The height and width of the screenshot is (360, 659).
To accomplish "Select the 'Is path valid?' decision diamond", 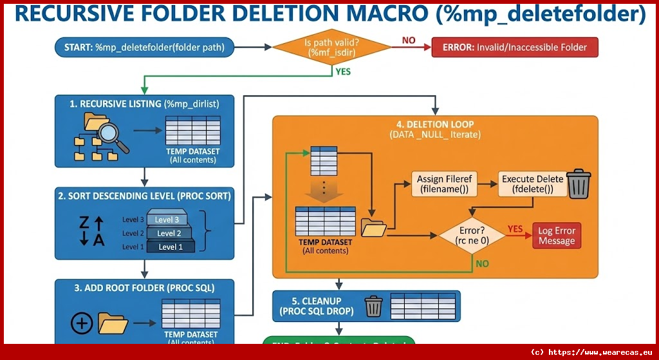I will [331, 47].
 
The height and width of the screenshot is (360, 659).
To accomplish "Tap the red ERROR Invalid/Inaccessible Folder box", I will [514, 47].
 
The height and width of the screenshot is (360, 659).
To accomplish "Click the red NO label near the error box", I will [409, 41].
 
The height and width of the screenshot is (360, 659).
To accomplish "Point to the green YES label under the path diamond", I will [343, 71].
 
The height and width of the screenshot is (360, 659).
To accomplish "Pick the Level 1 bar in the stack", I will [170, 246].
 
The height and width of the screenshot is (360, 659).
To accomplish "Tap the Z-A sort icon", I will [91, 232].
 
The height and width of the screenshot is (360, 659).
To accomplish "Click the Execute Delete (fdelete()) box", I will [533, 184].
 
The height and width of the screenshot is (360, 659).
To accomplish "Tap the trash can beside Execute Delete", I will [578, 184].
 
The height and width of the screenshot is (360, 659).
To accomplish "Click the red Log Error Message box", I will [557, 236].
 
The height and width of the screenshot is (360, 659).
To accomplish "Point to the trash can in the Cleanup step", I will [373, 307].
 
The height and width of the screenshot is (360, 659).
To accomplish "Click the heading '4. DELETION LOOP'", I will [435, 124].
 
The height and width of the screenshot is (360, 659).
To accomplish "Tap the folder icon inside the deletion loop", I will [374, 227].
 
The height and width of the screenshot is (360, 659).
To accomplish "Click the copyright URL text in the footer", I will [593, 352].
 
